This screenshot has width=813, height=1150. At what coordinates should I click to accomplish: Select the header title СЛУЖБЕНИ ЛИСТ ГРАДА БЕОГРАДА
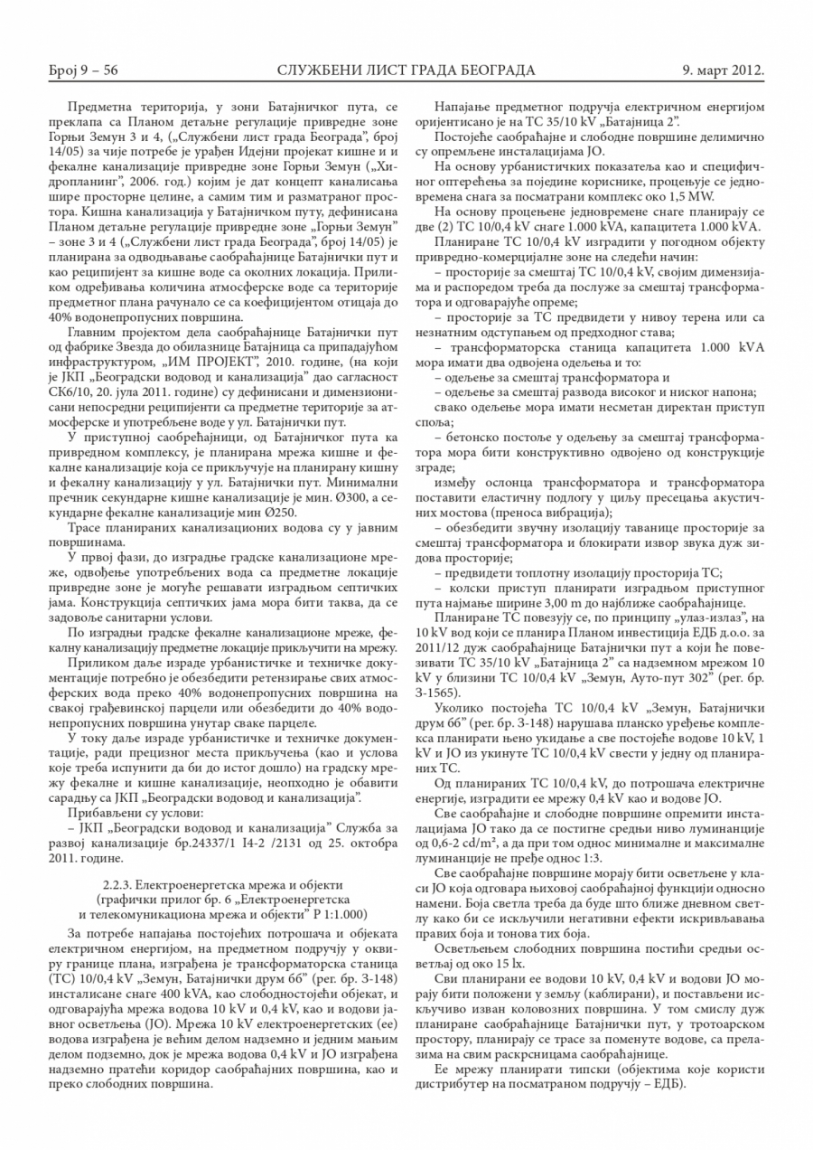pos(406,71)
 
